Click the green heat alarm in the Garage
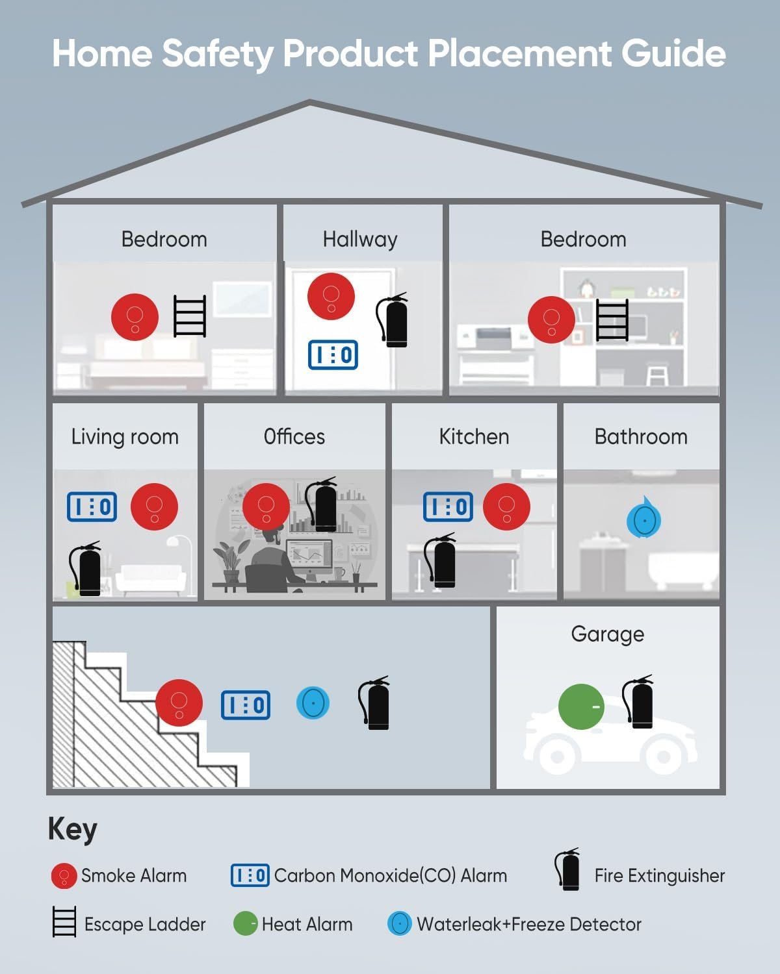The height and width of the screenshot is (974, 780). tap(581, 706)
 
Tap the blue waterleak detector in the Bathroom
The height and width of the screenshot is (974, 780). tap(643, 519)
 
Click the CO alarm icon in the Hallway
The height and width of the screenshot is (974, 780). tap(333, 355)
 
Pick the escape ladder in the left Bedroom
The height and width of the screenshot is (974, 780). tap(190, 316)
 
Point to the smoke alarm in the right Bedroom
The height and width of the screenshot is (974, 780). tap(551, 319)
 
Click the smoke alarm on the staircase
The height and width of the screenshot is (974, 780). tap(179, 703)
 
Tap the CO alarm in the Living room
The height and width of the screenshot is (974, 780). tap(92, 507)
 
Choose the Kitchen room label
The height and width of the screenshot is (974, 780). tap(474, 436)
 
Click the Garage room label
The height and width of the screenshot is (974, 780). tap(607, 634)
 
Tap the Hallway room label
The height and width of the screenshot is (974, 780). tap(359, 240)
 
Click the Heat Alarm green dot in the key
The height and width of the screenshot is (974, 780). tap(245, 923)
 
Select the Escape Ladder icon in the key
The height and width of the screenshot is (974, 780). tap(64, 922)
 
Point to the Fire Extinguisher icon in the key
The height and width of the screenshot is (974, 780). tap(567, 870)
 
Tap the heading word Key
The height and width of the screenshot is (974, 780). tap(72, 830)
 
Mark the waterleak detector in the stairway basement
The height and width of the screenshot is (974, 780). tap(313, 703)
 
